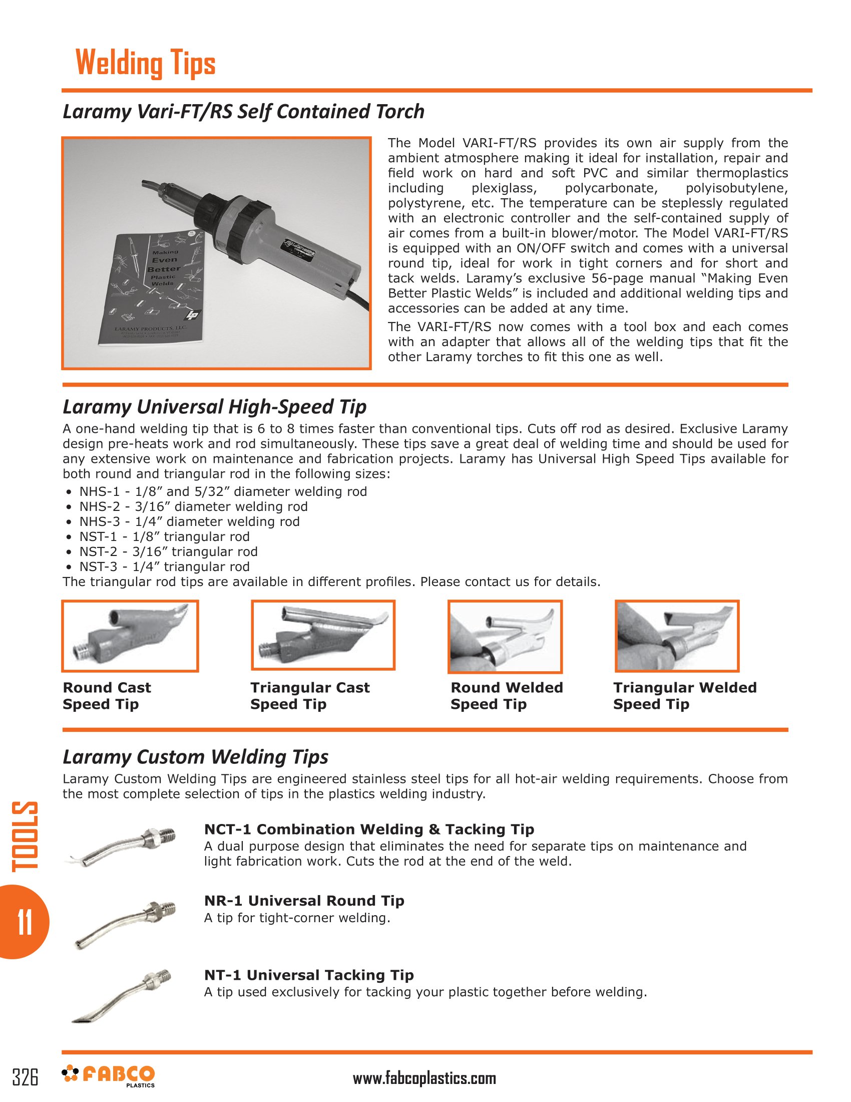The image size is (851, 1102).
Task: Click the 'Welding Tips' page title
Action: click(145, 64)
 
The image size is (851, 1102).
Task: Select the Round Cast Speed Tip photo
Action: click(130, 636)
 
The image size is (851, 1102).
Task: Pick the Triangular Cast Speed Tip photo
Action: click(323, 635)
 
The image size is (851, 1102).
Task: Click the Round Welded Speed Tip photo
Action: click(505, 636)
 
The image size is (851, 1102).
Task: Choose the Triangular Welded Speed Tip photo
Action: click(677, 636)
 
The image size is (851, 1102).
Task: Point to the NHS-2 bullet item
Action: click(193, 506)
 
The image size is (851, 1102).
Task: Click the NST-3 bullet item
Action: click(164, 567)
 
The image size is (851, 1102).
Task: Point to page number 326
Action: click(25, 1077)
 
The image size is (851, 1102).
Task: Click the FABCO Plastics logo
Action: click(109, 1075)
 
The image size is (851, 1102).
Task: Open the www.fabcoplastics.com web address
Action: click(424, 1078)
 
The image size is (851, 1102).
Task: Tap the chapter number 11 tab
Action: click(24, 922)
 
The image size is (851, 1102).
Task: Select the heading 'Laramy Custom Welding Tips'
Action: click(195, 757)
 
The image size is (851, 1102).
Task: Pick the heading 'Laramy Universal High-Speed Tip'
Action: click(214, 407)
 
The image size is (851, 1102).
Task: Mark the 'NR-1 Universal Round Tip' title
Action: click(304, 900)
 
